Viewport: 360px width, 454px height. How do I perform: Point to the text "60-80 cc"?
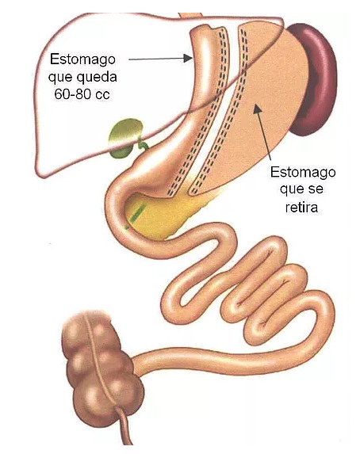click(82, 94)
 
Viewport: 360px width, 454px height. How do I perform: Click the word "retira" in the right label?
click(301, 208)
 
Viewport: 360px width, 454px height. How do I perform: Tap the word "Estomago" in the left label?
click(82, 60)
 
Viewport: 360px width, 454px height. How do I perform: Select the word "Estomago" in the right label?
click(303, 172)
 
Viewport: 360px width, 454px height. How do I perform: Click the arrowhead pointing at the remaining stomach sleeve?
click(189, 58)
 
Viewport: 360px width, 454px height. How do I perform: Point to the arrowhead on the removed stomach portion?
click(257, 109)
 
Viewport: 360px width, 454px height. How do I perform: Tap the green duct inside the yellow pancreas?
click(136, 214)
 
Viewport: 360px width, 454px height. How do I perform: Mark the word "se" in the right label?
click(317, 189)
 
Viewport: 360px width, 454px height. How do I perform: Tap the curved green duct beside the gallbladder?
click(143, 145)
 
